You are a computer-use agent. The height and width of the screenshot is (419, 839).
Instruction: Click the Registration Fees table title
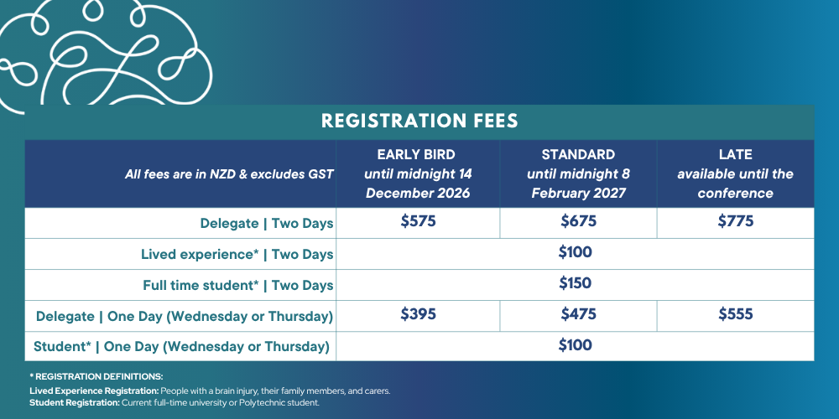point(419,121)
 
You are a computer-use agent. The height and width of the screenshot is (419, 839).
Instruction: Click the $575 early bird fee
point(419,221)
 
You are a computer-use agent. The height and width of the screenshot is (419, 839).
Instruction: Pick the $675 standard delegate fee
point(578,221)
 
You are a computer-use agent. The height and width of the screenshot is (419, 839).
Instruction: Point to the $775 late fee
point(736,221)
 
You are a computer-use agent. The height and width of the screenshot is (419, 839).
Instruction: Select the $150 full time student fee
point(576,283)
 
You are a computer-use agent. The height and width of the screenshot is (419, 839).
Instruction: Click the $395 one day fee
point(419,314)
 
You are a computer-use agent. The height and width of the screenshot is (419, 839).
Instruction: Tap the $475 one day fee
point(578,314)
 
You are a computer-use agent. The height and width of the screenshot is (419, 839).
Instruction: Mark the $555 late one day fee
point(736,314)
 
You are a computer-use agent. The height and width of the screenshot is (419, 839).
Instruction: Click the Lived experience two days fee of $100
point(576,252)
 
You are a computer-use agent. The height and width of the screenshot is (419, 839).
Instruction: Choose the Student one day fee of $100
point(576,345)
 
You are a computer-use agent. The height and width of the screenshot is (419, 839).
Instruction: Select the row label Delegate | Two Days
point(267,224)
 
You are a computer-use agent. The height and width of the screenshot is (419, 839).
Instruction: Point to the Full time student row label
point(237,286)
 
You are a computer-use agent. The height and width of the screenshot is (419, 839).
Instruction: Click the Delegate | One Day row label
point(185,317)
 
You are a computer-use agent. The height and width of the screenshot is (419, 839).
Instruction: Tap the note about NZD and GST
point(229,174)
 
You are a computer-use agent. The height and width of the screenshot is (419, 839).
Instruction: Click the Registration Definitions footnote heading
point(96,377)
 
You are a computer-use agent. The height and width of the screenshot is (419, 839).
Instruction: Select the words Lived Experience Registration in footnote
point(94,391)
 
